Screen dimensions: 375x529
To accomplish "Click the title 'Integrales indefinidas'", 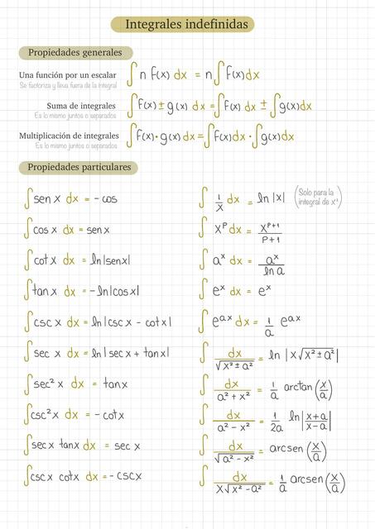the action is (186, 26).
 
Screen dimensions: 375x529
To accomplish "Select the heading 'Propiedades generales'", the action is (75, 53).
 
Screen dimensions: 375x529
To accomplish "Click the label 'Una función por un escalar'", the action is (67, 75).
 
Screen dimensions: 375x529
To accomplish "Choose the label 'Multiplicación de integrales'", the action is (68, 136).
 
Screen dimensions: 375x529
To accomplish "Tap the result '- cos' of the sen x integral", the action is (103, 199).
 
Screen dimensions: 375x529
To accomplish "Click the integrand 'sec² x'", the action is (47, 384).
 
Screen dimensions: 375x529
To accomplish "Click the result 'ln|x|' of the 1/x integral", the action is (272, 198).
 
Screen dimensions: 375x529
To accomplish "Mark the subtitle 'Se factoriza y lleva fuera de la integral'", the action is (68, 85).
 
